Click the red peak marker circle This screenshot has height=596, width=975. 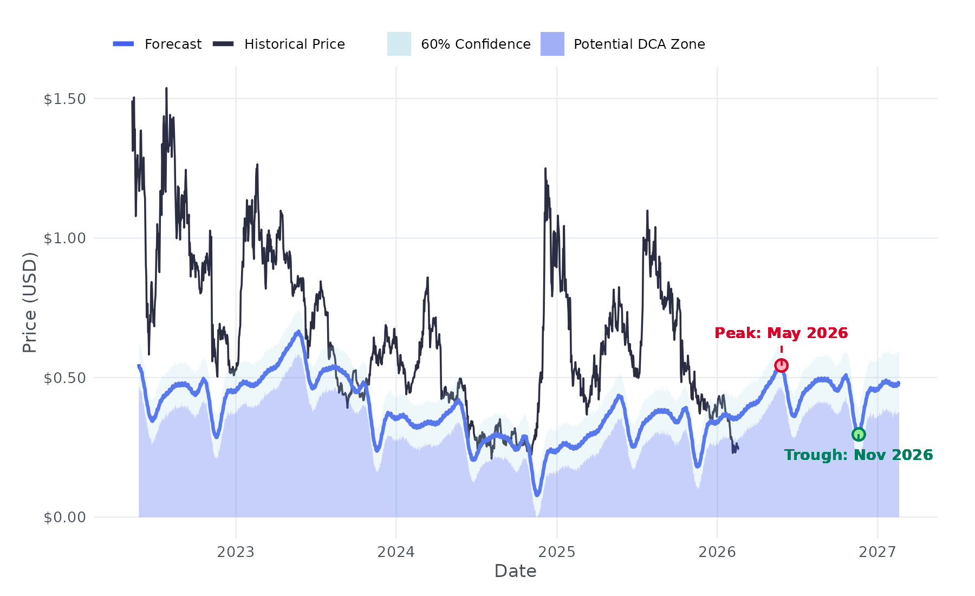[x=781, y=365]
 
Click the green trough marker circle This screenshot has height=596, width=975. [x=859, y=434]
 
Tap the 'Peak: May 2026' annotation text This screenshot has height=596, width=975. [x=781, y=333]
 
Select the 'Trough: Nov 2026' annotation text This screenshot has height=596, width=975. [x=859, y=455]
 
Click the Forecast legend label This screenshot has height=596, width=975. [x=173, y=44]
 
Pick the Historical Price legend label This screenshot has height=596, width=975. [x=294, y=44]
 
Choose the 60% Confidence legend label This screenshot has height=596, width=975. [x=476, y=44]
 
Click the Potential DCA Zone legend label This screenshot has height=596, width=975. [x=639, y=44]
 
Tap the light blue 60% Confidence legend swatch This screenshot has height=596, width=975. [x=399, y=44]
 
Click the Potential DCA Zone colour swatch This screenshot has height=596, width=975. [x=552, y=44]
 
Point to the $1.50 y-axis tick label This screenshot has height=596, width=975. [x=64, y=99]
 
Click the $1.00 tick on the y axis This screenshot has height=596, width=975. [x=64, y=238]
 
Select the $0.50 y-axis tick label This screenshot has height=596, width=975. [x=64, y=378]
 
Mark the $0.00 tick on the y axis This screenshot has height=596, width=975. [x=64, y=517]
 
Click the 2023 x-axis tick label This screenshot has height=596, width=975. [x=236, y=552]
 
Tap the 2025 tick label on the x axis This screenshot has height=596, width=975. [x=556, y=552]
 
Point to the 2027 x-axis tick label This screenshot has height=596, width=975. [x=877, y=552]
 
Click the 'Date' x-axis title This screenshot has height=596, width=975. [x=515, y=571]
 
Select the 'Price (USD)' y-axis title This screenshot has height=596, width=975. [x=30, y=302]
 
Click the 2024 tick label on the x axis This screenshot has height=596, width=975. [x=396, y=552]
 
